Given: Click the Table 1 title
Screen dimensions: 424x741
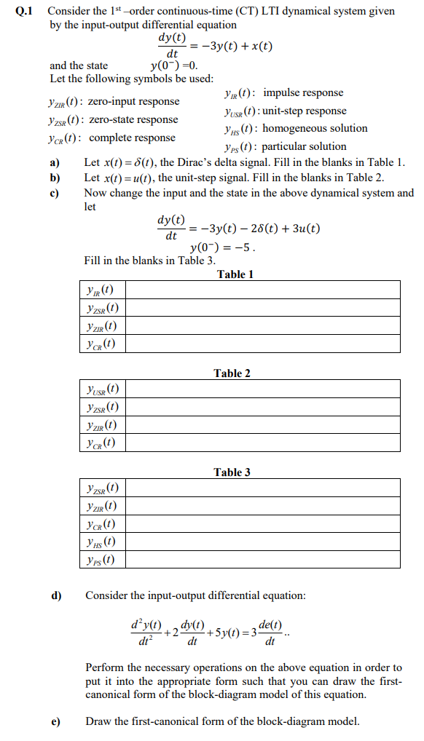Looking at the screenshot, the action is tap(235, 274).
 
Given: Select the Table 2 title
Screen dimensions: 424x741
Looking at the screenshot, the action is tap(232, 373).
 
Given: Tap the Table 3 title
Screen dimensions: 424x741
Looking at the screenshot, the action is tap(232, 472).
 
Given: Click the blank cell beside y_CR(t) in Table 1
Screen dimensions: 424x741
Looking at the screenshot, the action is tap(264, 344).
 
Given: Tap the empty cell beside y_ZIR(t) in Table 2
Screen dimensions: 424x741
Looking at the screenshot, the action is tap(264, 425).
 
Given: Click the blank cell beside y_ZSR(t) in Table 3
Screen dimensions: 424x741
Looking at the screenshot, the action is tap(264, 488).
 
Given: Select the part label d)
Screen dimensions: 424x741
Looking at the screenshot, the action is tap(55, 595).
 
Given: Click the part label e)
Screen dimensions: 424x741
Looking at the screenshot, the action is tap(55, 721).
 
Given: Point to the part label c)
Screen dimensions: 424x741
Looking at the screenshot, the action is tap(54, 193).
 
